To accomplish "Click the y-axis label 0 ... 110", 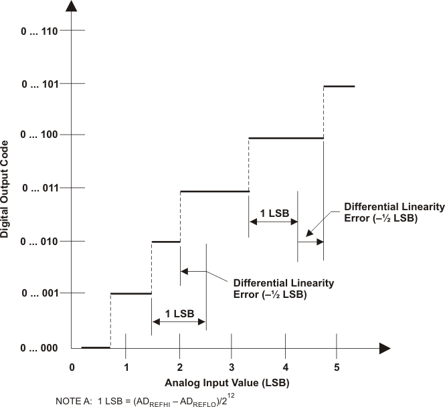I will [40, 31].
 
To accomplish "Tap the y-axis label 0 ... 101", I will [40, 84].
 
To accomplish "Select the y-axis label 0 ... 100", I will [40, 135].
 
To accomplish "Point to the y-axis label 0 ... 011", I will [40, 189].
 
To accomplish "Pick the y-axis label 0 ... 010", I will [40, 241].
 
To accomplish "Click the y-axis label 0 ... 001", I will [40, 293].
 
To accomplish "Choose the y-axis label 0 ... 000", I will [40, 348].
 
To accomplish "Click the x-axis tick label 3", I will [232, 367].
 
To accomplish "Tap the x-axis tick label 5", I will [337, 367].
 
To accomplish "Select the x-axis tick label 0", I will [72, 367].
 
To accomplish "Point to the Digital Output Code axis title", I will [6, 189].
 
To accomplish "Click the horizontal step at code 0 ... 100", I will [286, 139].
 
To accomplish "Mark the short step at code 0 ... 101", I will [339, 86].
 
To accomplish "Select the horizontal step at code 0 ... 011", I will [214, 191].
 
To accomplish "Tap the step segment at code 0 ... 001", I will [131, 293].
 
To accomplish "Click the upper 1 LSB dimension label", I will [274, 213].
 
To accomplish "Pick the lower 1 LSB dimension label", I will [179, 313].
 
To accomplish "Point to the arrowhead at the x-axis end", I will [385, 348].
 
